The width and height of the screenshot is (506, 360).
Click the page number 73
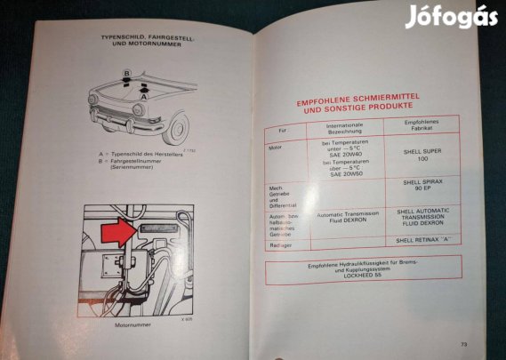coord(463,344)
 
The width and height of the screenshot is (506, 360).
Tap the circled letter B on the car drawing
coord(128,73)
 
